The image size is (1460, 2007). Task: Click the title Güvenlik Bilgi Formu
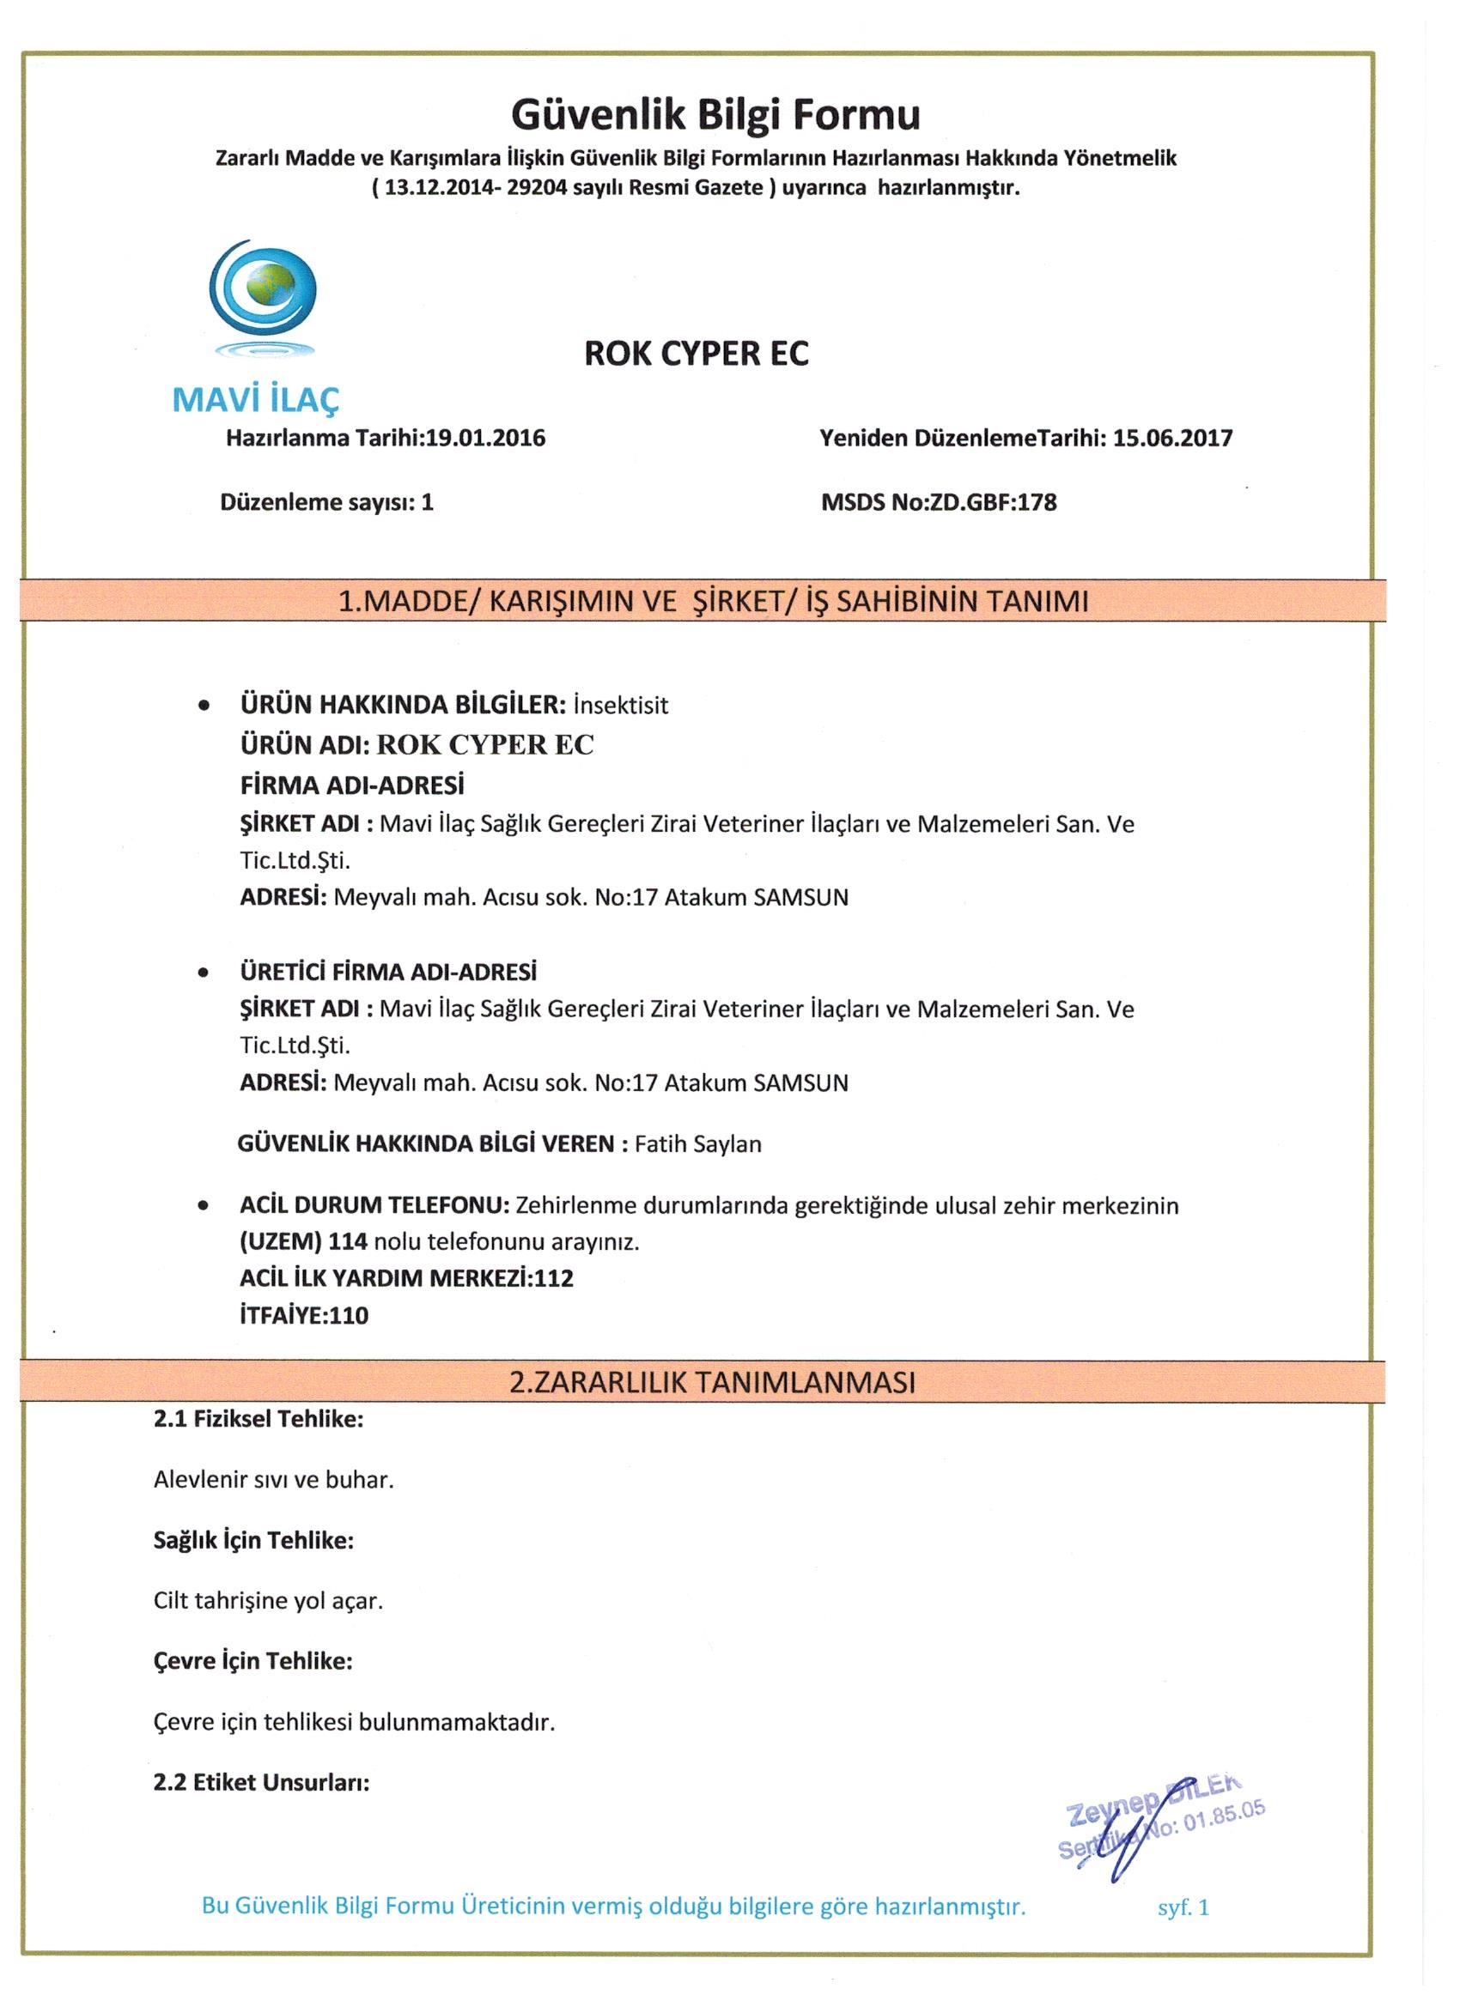pyautogui.click(x=715, y=114)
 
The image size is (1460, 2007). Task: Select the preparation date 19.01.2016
pyautogui.click(x=485, y=438)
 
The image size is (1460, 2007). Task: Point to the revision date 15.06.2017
pyautogui.click(x=1172, y=438)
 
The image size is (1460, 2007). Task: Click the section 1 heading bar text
pyautogui.click(x=713, y=602)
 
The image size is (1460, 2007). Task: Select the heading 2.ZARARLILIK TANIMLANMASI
pyautogui.click(x=713, y=1382)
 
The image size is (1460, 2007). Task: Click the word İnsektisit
pyautogui.click(x=621, y=706)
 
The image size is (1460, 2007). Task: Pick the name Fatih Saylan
pyautogui.click(x=697, y=1144)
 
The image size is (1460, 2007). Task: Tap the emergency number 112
pyautogui.click(x=554, y=1278)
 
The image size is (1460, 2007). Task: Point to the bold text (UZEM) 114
pyautogui.click(x=304, y=1241)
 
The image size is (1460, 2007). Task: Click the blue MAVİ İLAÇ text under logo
pyautogui.click(x=256, y=401)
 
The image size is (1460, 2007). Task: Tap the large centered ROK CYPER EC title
pyautogui.click(x=696, y=354)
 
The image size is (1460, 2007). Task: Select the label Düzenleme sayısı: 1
pyautogui.click(x=326, y=503)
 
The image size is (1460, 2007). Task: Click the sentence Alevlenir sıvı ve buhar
pyautogui.click(x=274, y=1480)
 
